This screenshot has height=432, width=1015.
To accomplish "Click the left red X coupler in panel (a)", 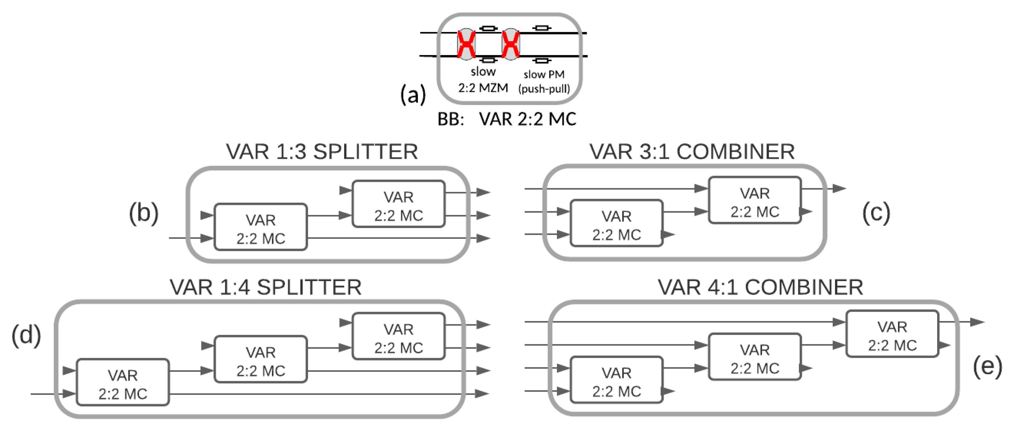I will click(466, 44).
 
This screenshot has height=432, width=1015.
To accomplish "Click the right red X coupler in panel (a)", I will click(511, 44).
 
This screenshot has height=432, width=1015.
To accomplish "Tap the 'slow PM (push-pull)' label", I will click(544, 82).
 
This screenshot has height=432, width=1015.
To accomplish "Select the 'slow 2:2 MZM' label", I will click(483, 80).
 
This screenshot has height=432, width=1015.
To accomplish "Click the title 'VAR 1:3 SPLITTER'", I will click(322, 152).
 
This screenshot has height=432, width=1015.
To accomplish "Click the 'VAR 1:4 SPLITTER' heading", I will click(266, 287).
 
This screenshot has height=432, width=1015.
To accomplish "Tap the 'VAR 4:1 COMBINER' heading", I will click(760, 287).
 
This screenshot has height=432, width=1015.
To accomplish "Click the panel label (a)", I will click(413, 95).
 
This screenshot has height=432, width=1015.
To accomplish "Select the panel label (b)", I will click(144, 213).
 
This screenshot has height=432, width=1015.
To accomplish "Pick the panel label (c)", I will click(876, 213).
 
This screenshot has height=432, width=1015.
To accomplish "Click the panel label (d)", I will click(26, 335).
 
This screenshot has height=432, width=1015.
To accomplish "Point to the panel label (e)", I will click(987, 367).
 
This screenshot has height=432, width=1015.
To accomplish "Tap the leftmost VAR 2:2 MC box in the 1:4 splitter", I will click(123, 382).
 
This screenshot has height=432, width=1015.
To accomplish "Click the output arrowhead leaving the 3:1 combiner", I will click(839, 189).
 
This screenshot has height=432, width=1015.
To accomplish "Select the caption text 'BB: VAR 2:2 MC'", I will click(507, 119).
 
